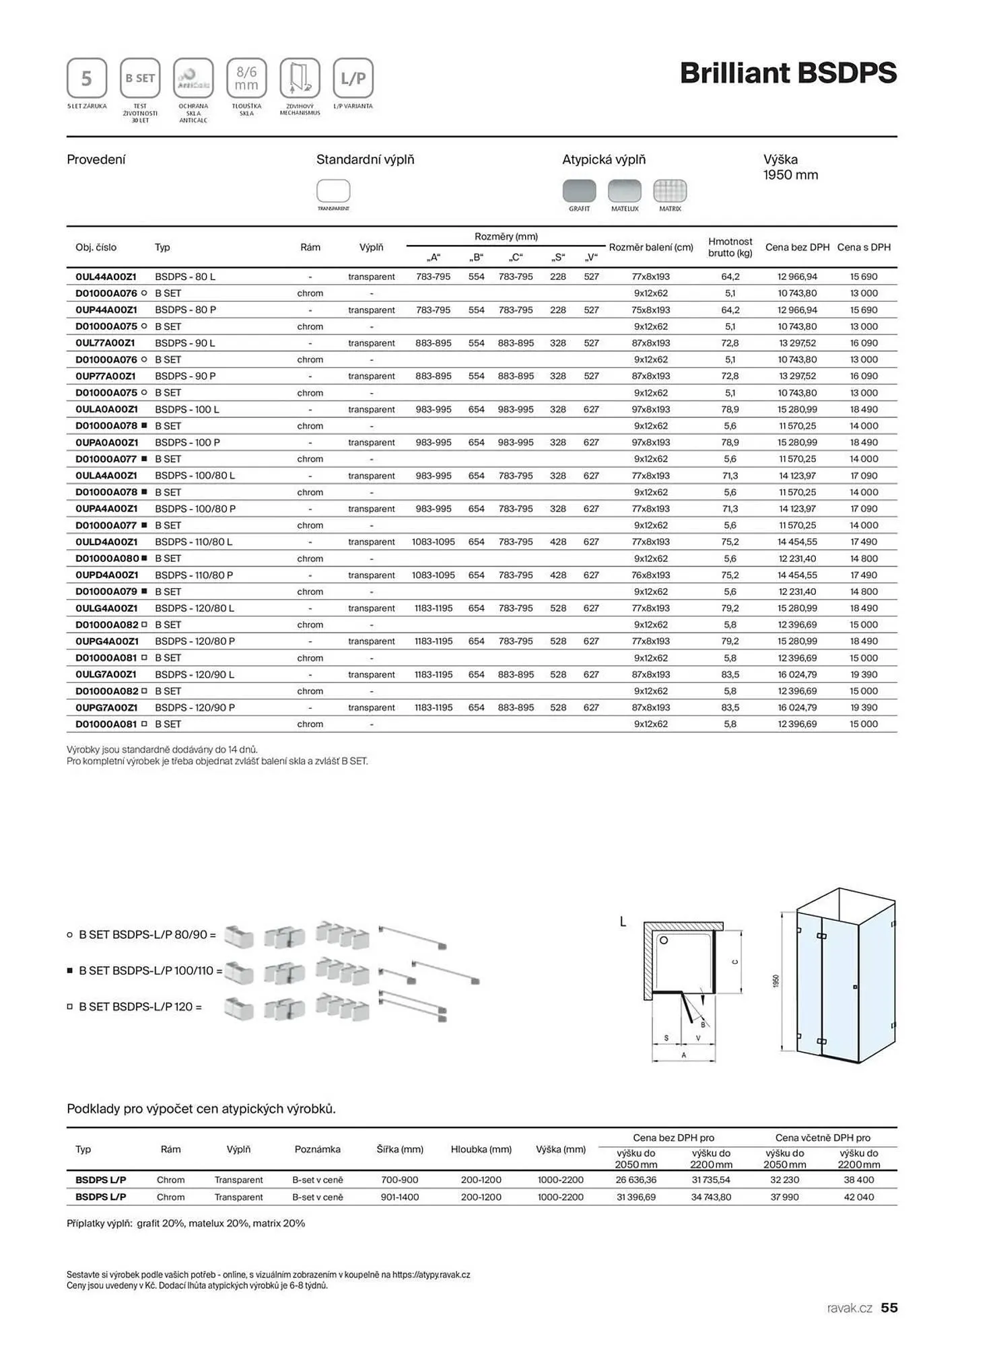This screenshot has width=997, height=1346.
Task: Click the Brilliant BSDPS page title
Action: click(788, 73)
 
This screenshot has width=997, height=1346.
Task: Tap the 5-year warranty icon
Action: click(87, 78)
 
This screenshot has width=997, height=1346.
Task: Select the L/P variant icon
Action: click(353, 78)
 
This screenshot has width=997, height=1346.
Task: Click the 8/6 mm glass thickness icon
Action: click(246, 78)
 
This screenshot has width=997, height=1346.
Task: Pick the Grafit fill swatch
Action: click(579, 191)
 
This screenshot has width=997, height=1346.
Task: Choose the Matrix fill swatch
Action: click(670, 191)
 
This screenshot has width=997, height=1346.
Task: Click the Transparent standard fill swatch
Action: click(333, 191)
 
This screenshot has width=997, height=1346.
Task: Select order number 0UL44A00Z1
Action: click(106, 277)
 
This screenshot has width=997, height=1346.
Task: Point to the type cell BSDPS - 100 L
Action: click(187, 409)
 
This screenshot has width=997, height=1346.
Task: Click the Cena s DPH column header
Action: click(864, 248)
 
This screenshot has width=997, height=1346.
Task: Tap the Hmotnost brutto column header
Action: click(730, 247)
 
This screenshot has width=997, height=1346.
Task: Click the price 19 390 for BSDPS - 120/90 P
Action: click(864, 708)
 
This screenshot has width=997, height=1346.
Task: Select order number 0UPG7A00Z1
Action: click(106, 708)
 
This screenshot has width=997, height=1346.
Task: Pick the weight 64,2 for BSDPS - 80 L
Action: click(730, 277)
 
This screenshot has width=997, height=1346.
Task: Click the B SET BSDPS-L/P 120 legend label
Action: click(140, 1007)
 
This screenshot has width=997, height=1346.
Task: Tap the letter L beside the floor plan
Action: click(623, 922)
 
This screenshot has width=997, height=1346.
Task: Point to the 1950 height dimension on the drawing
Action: click(776, 981)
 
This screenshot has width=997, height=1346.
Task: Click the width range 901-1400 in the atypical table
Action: click(400, 1197)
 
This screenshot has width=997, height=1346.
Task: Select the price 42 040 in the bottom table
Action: click(859, 1197)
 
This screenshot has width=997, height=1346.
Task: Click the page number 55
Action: click(889, 1308)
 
